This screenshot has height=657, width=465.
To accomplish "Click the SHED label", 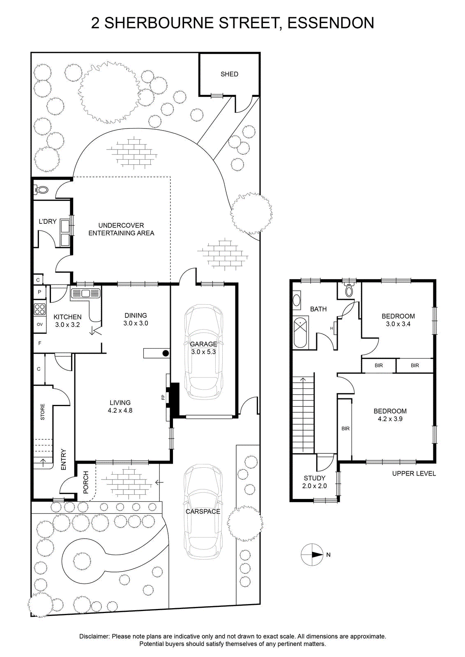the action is (x=229, y=74).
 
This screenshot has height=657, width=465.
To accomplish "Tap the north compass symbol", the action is (x=312, y=555).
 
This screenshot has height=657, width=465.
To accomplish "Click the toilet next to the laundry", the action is (x=41, y=190).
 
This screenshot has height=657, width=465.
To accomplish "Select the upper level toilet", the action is (x=349, y=290).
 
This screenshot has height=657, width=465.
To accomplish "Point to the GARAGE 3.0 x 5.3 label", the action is (x=203, y=347).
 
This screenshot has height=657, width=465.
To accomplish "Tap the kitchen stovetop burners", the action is (x=40, y=309).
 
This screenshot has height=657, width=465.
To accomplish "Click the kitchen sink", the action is (x=86, y=293).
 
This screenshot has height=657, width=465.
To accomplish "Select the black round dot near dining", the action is (x=166, y=353).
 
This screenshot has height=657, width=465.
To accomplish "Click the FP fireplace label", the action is (x=163, y=398).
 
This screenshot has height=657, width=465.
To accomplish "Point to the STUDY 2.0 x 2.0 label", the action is (x=315, y=482).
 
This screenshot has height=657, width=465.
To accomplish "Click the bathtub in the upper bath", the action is (x=301, y=332).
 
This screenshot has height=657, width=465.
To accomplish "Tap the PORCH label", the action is (x=86, y=482).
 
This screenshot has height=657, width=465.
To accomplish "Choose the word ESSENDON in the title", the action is (x=331, y=23).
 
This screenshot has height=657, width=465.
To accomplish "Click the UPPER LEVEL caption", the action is (x=414, y=473).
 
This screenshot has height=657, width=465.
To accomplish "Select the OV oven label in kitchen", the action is (x=39, y=324).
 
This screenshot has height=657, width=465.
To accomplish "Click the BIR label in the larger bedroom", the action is (x=345, y=429).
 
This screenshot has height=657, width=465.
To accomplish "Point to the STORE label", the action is (x=43, y=412).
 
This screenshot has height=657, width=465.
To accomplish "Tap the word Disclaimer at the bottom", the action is (x=94, y=636).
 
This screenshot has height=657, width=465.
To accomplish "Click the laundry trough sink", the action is (x=65, y=232).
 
